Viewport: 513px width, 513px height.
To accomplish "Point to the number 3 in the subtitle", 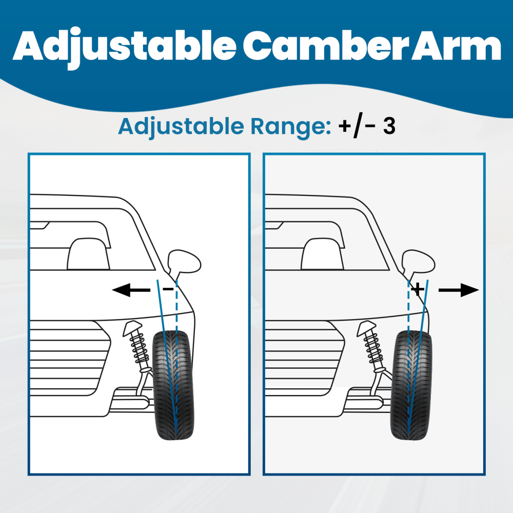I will point(389,126).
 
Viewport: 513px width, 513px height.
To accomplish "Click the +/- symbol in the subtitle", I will point(357,127).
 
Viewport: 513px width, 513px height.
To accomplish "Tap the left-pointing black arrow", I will point(131,291).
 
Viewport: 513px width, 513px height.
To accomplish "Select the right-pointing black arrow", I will point(458,290).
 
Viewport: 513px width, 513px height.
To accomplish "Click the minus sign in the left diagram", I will point(167,289).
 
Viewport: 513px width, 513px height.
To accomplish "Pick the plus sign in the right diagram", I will point(418,289).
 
